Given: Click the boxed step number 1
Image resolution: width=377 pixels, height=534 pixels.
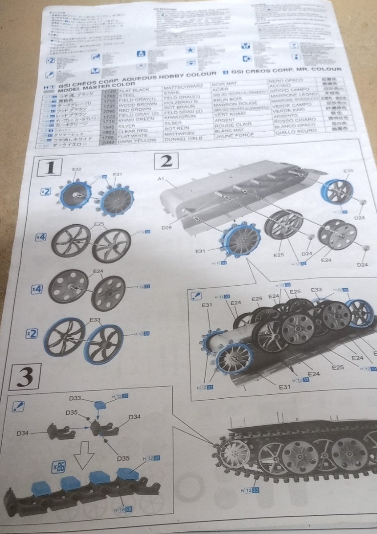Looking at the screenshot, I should point(52,168).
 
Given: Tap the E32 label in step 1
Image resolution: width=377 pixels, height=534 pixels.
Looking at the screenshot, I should point(77,170).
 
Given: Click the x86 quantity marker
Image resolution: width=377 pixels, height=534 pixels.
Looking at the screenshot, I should point(59,467).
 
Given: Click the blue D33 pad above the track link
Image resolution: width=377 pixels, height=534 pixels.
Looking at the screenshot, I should point(101,405).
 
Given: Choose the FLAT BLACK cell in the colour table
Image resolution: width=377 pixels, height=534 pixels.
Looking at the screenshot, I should point(134,90).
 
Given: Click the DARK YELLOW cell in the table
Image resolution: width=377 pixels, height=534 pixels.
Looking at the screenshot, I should point(138,140).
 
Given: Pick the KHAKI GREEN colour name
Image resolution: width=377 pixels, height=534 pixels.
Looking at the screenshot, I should point(136,120).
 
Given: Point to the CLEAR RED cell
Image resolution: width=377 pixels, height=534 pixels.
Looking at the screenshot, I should point(134,130).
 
